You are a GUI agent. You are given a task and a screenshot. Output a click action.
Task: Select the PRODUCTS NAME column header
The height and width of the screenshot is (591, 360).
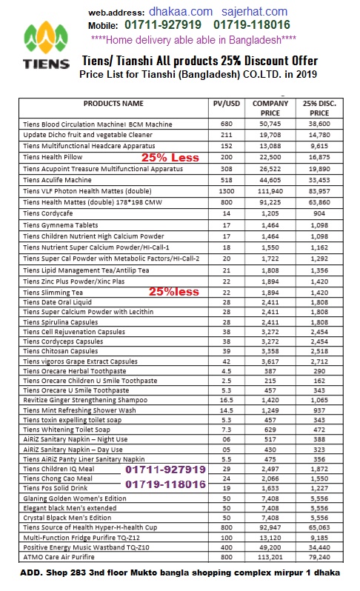coord(113,104)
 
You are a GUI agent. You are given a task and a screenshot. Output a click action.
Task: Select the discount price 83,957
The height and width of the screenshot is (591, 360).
coord(319,191)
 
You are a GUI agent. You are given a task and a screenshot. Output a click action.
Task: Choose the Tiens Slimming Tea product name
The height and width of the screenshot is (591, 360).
coord(53,293)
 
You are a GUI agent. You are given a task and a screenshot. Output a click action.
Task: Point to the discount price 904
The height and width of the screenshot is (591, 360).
coord(319,213)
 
